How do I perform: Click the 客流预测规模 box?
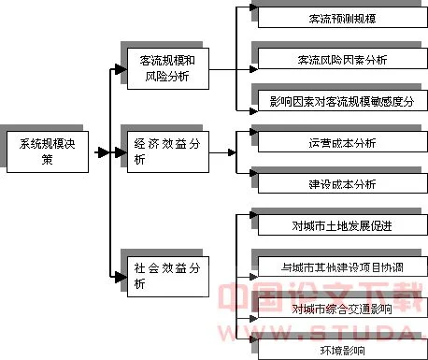click(341, 18)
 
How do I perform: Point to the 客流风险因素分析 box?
click(341, 59)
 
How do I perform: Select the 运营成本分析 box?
click(341, 143)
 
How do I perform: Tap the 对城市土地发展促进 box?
click(341, 225)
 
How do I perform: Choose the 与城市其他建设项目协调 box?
click(341, 266)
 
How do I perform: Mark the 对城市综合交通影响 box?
click(341, 308)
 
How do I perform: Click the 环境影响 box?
click(341, 349)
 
